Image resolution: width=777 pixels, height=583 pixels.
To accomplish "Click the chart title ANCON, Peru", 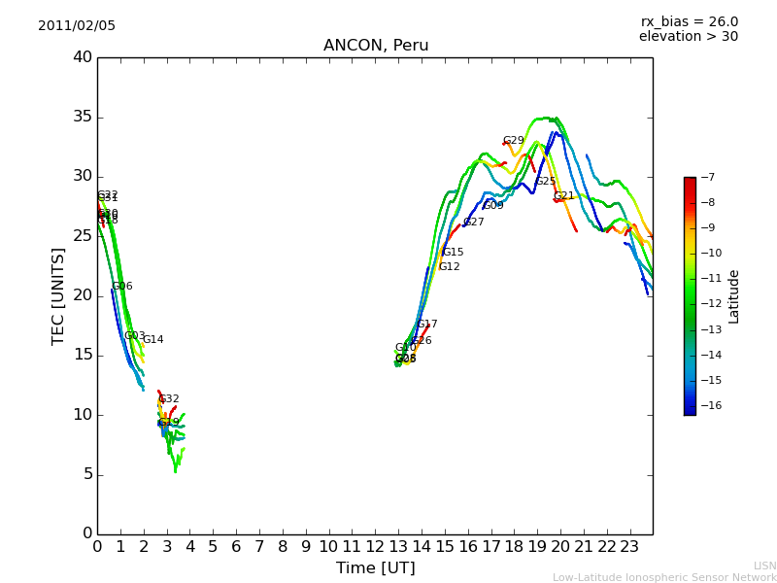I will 376,46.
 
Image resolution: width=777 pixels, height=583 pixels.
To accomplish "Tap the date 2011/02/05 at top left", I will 77,26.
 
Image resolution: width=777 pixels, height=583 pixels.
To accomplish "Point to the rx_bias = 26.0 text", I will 689,22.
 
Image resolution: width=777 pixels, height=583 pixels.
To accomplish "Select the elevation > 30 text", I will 689,37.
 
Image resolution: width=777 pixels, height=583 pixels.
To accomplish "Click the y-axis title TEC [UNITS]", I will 58,296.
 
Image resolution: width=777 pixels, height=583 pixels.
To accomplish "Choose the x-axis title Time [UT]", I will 375,567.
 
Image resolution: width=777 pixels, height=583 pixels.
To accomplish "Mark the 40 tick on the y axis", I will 83,57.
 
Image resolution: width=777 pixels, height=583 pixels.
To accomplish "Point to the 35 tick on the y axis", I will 83,118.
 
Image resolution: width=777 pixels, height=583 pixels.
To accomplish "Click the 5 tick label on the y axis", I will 87,474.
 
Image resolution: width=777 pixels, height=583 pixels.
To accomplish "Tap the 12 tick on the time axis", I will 375,546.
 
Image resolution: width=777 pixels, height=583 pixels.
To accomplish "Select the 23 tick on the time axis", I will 629,546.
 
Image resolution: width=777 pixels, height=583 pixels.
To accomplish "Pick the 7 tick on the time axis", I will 259,546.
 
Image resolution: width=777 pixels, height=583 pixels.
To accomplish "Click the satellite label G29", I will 513,141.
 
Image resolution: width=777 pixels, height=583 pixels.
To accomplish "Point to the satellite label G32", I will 168,399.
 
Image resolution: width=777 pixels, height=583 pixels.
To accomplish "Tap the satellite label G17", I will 426,325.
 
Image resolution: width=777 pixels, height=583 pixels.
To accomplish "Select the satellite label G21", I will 563,196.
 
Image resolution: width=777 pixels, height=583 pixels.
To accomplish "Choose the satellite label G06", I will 121,287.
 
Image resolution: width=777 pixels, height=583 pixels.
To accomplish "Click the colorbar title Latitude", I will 734,296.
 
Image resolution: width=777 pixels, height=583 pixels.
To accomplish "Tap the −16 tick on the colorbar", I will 709,405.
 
